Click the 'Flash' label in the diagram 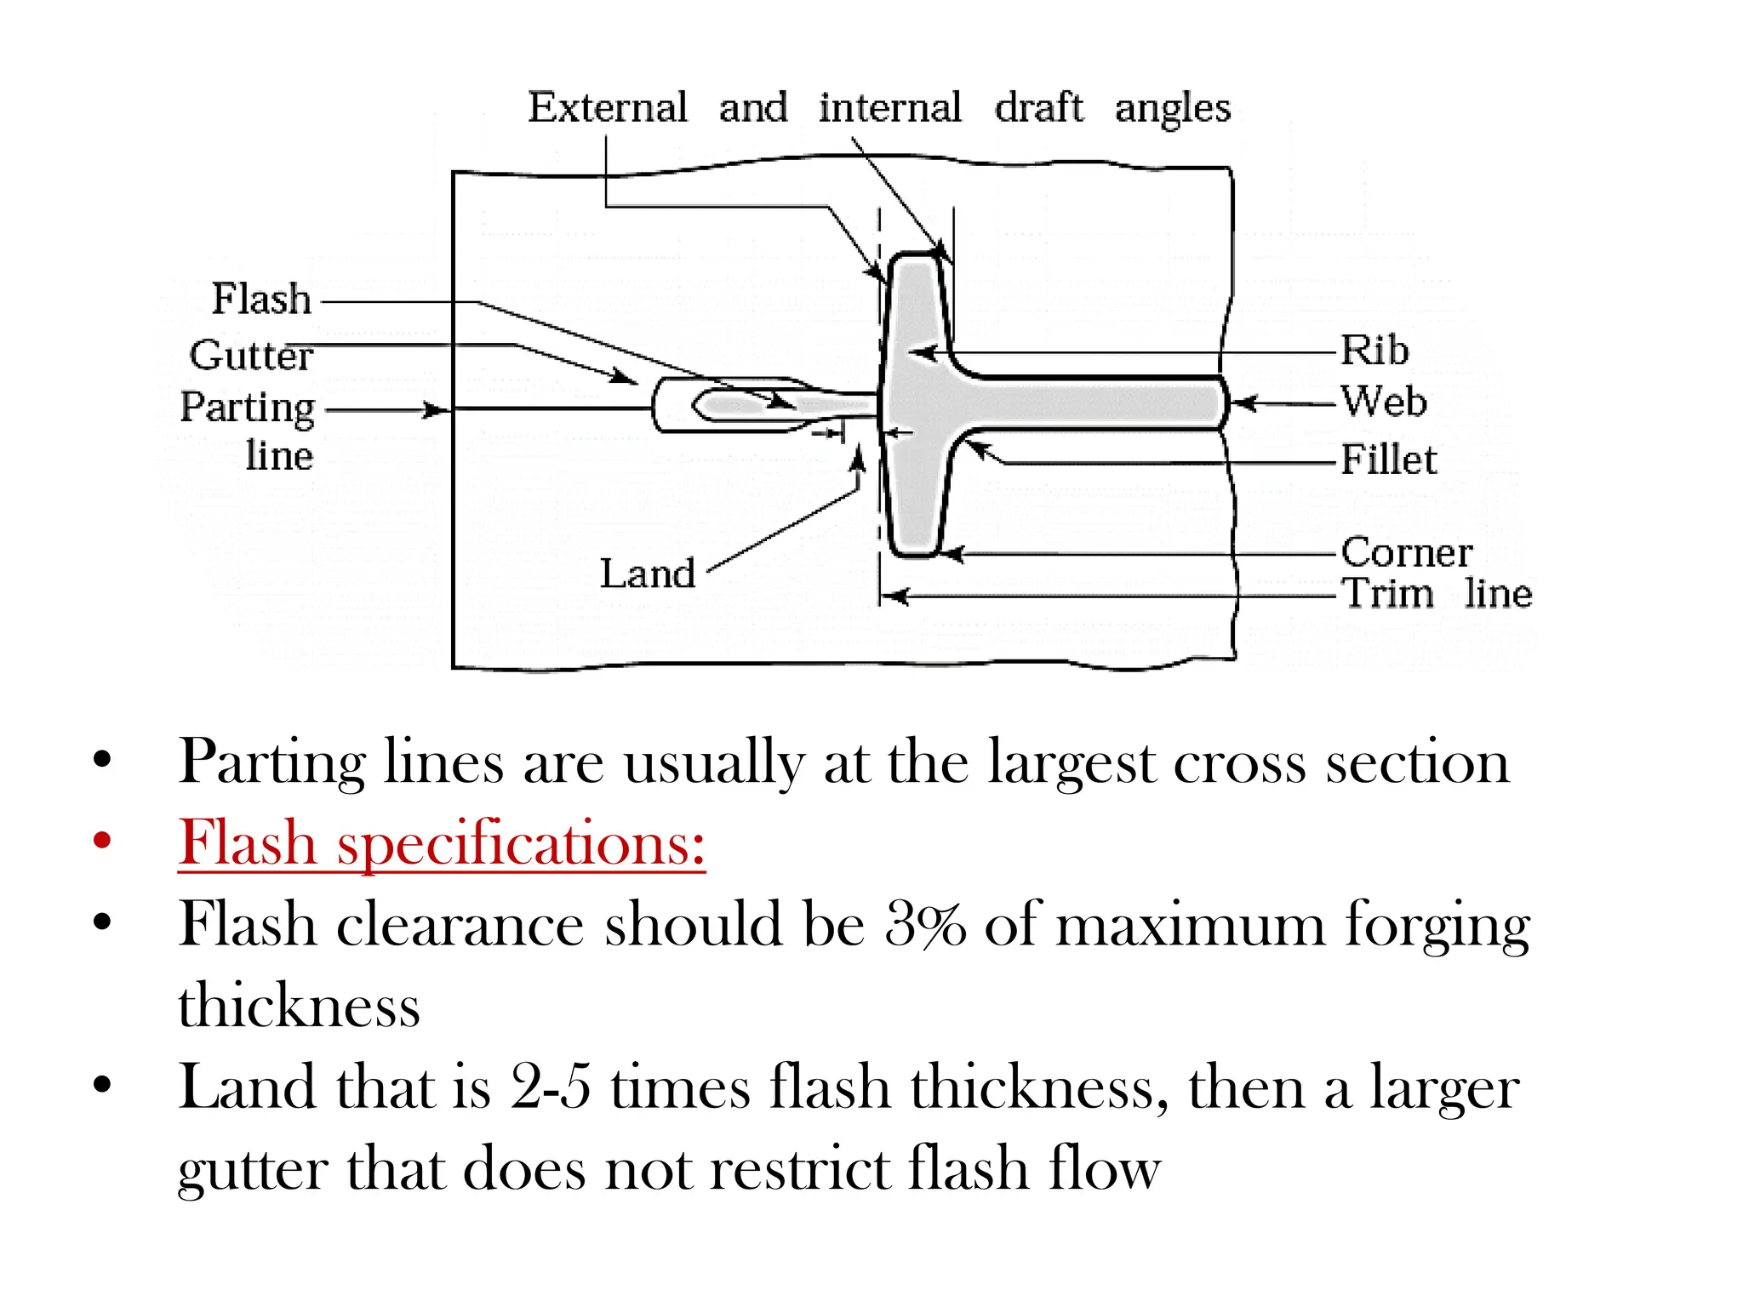coord(261,300)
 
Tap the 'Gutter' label coord(251,355)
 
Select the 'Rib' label coord(1374,351)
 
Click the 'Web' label coord(1384,402)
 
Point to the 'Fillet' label coord(1388,460)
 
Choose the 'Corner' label coord(1406,553)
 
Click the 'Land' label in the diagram coord(648,574)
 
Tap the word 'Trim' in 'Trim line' coord(1387,593)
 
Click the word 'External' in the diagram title coord(607,108)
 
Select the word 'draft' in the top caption coord(1038,108)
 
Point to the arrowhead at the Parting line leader coord(437,410)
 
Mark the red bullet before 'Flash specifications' coord(102,841)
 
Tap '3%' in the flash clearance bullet coord(925,924)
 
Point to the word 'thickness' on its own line coord(299,1006)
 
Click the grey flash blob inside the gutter coord(740,404)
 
